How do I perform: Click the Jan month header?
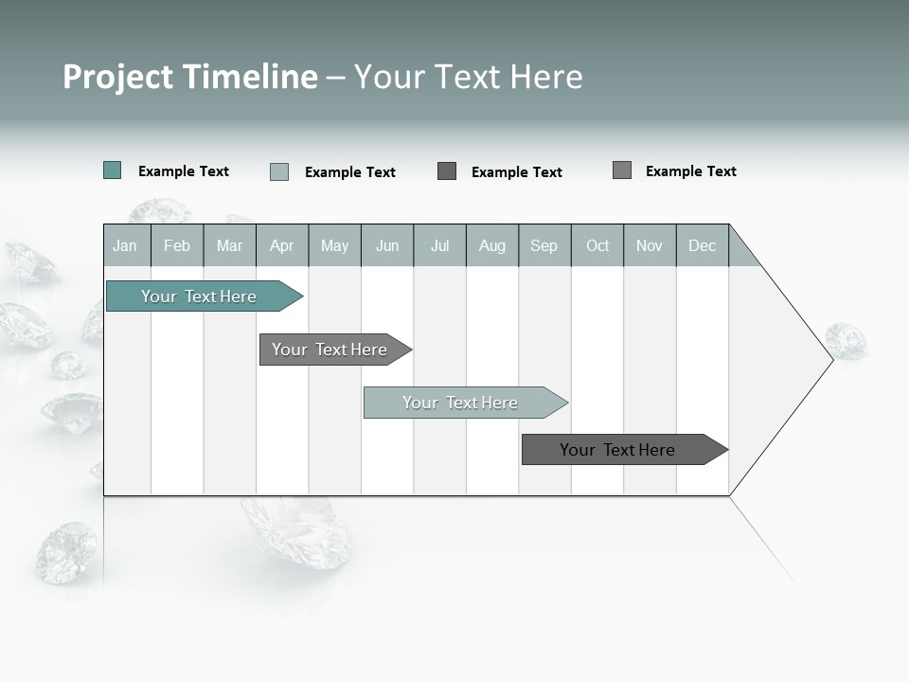point(125,245)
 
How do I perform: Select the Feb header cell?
point(177,245)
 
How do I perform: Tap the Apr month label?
point(282,245)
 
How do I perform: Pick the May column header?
point(334,245)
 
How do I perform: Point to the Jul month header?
point(439,245)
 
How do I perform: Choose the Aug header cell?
point(492,245)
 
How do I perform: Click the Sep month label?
point(544,245)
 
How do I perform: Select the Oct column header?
point(597,245)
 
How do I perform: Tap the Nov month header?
point(650,245)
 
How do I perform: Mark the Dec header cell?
point(703,245)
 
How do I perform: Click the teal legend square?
point(113,170)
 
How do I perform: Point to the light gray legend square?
point(279,171)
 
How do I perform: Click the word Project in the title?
point(119,77)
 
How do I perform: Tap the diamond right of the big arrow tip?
point(846,340)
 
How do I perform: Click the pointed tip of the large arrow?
point(829,359)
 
